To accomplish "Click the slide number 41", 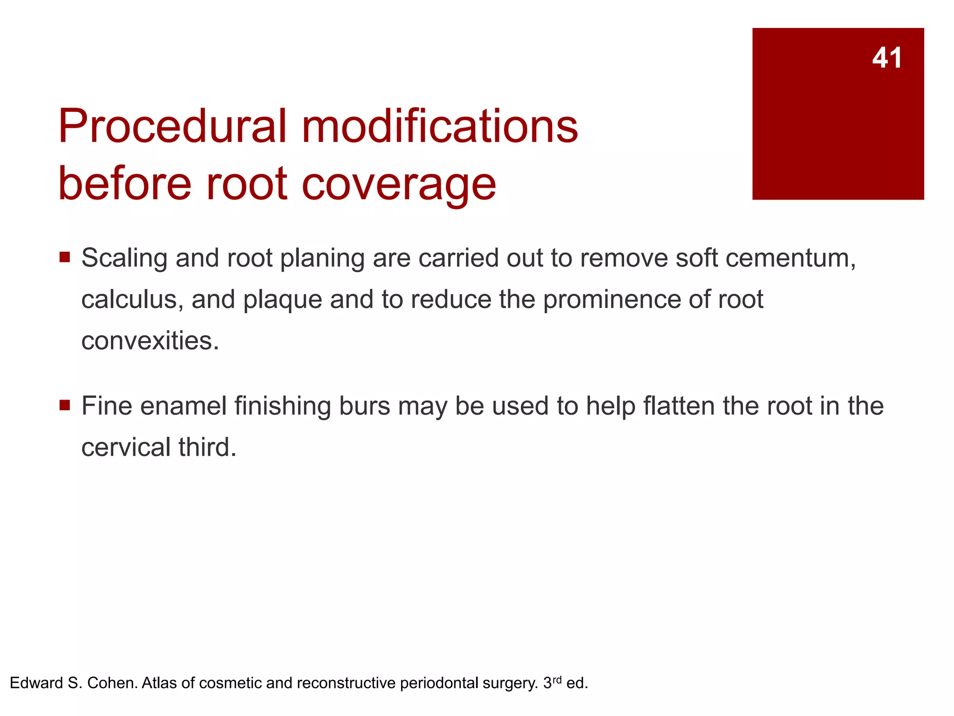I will (x=887, y=58).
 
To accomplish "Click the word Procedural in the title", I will (x=172, y=126).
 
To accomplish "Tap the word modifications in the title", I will (x=440, y=126).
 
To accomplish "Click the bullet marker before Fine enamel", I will (x=65, y=405).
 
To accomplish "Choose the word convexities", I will (x=150, y=341).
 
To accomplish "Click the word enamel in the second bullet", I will (x=183, y=406).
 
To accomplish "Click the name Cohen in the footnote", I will (x=112, y=683).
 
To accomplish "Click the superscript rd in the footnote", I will (x=557, y=679).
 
